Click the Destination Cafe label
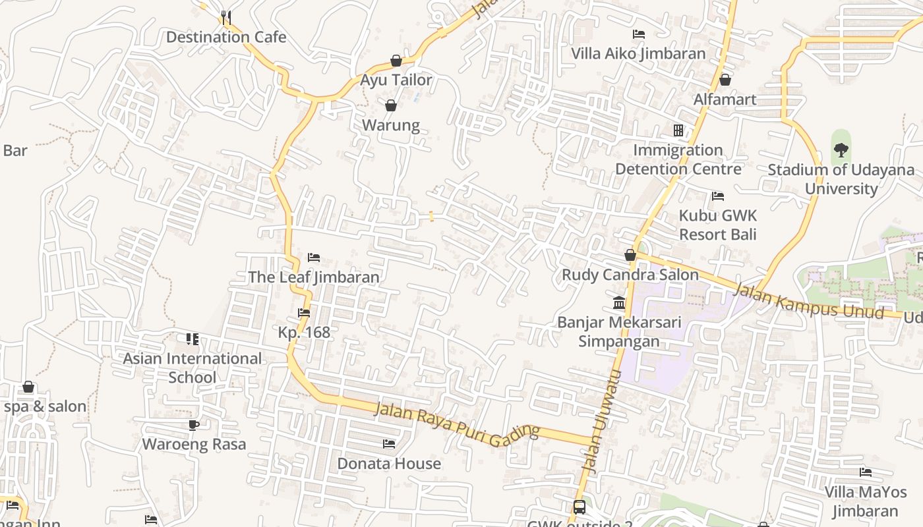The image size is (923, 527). pos(226,37)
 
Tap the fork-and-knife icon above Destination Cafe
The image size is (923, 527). pos(225,16)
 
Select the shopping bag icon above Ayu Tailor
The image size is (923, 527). pos(396,61)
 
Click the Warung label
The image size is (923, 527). pos(391,125)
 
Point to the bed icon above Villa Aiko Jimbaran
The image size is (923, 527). pos(638,34)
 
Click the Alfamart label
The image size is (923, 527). pos(725,99)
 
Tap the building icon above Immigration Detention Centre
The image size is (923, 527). pos(678,130)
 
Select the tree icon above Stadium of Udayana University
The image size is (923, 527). pos(841,150)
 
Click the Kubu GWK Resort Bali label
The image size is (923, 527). pos(718,225)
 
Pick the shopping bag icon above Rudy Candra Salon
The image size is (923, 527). pos(630,255)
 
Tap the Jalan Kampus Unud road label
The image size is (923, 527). pos(808,300)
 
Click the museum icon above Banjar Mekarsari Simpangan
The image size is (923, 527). pos(620,303)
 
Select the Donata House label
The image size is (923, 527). pos(389,464)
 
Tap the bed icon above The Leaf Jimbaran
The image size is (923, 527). pos(314,258)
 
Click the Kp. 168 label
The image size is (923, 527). pos(304,333)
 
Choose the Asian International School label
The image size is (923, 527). pos(193,368)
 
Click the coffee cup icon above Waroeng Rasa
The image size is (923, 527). pos(194,425)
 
